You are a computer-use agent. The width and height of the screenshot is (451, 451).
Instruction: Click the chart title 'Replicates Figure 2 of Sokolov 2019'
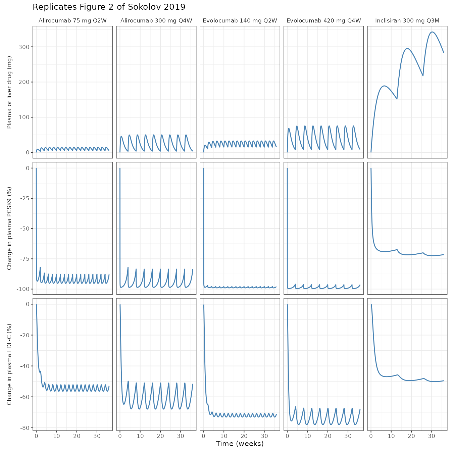[109, 7]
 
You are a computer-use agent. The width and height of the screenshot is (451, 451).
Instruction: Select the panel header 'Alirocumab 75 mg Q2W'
[72, 20]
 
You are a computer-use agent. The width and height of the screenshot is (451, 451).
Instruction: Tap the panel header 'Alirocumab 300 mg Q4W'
[156, 20]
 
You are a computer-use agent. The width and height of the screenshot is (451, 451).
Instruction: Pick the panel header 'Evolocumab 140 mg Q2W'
[240, 20]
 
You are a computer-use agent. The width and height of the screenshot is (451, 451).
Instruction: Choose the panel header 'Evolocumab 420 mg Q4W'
[324, 20]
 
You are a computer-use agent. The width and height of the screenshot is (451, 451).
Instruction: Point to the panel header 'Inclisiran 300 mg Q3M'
[407, 20]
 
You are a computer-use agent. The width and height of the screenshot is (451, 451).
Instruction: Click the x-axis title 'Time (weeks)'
[240, 444]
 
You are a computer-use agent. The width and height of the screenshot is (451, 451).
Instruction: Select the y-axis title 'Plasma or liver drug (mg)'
[9, 92]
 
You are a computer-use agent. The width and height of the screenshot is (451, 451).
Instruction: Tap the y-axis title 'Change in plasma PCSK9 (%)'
[9, 228]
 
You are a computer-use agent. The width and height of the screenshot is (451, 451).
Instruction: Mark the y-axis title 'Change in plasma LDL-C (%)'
[9, 364]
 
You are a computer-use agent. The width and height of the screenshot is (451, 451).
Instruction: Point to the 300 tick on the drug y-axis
[24, 47]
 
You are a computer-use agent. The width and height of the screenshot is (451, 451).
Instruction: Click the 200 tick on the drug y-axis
[24, 82]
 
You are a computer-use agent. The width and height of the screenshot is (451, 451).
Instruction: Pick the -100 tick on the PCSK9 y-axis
[23, 289]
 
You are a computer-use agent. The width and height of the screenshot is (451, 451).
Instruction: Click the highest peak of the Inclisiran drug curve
[432, 32]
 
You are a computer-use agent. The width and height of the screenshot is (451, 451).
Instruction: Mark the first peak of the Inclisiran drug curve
[384, 86]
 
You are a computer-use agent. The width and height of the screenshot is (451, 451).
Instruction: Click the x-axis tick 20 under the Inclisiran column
[411, 436]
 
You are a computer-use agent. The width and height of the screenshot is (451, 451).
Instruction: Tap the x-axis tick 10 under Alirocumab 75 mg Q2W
[56, 436]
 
